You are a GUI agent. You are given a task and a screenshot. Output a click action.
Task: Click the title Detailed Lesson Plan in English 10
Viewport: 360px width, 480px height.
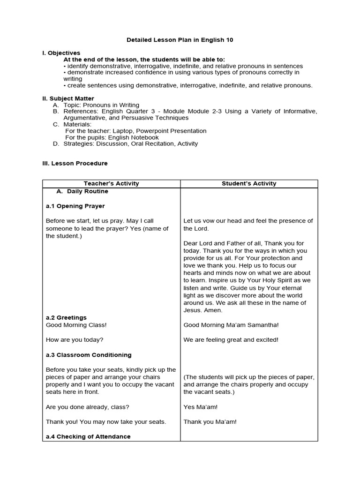(x=180, y=40)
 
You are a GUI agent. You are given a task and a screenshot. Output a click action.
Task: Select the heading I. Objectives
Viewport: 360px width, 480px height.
(x=61, y=53)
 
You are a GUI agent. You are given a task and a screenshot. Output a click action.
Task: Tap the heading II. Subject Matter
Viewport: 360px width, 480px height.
(x=68, y=98)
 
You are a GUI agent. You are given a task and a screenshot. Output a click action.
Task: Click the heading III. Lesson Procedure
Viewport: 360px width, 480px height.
(x=75, y=163)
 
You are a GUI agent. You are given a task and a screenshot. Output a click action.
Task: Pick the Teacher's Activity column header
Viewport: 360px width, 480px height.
(x=111, y=184)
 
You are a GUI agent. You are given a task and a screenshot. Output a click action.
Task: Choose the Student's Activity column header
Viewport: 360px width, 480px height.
(x=249, y=184)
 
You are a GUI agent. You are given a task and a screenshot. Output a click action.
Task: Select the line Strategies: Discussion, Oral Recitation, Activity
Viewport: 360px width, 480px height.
(x=131, y=144)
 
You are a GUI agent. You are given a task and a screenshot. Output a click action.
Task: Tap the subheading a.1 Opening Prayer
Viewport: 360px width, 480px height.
(x=75, y=206)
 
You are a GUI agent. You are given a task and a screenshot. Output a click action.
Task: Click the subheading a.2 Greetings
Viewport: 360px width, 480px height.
(x=66, y=318)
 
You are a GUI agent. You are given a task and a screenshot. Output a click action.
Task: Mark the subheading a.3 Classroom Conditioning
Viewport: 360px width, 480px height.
(x=89, y=355)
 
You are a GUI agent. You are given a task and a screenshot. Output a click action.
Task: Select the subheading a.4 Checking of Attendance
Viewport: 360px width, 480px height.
(x=88, y=436)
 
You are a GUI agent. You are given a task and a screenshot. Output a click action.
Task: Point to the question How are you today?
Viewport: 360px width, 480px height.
(x=75, y=340)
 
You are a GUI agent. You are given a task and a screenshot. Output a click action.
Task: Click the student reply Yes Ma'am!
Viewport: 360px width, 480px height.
(x=200, y=407)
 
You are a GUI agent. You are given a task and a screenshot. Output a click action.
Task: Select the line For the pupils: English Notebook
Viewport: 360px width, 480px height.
(x=112, y=137)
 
